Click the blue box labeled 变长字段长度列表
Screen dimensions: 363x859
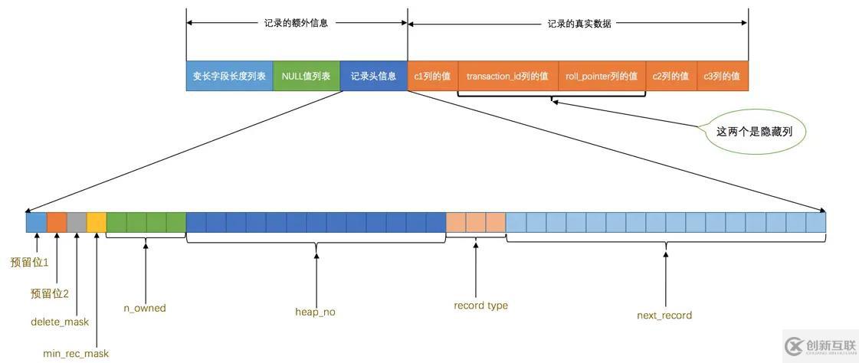[x=229, y=77]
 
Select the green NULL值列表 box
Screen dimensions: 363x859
[x=306, y=77]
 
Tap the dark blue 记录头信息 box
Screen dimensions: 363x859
[x=373, y=77]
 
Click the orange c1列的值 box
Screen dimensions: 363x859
[x=432, y=77]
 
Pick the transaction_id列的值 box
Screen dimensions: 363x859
[x=507, y=77]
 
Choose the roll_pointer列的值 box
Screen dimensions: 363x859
[x=602, y=77]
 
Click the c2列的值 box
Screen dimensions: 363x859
[x=670, y=77]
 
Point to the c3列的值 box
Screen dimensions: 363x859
[x=722, y=77]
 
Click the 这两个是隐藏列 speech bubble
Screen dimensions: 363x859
[x=754, y=132]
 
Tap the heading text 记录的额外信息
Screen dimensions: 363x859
[x=296, y=23]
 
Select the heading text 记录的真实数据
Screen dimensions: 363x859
[x=579, y=23]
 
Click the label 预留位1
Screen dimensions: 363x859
[x=29, y=262]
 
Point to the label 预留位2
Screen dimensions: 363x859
[x=50, y=293]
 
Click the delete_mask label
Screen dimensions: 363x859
[x=60, y=322]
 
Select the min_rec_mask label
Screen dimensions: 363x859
[x=76, y=353]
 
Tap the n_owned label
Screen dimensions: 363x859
[x=145, y=308]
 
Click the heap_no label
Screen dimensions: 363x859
[x=315, y=312]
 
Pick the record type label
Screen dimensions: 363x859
[x=480, y=306]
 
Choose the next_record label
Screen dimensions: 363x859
[x=664, y=315]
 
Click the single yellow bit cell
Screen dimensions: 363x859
[x=97, y=222]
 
